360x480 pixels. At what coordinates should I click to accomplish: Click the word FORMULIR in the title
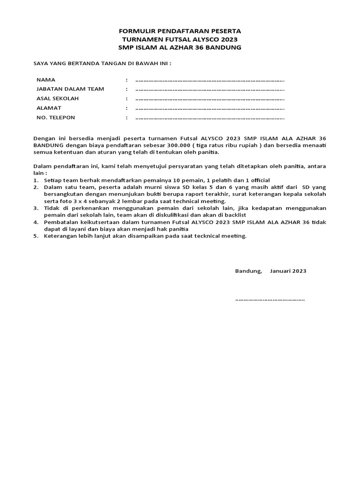pyautogui.click(x=135, y=31)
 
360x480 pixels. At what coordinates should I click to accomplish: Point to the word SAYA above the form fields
pyautogui.click(x=40, y=63)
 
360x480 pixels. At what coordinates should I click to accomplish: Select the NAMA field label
pyautogui.click(x=46, y=80)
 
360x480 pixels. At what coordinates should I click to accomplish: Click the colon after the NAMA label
pyautogui.click(x=127, y=80)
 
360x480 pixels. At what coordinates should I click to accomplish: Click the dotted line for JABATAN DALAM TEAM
pyautogui.click(x=210, y=90)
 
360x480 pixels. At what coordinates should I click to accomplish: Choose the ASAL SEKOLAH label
pyautogui.click(x=58, y=98)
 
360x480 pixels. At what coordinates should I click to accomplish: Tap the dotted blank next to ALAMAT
pyautogui.click(x=210, y=108)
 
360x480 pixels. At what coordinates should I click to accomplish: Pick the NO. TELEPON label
pyautogui.click(x=56, y=118)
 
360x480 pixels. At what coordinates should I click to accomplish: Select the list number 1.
pyautogui.click(x=36, y=180)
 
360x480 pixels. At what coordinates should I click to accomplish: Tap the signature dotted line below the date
pyautogui.click(x=270, y=300)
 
